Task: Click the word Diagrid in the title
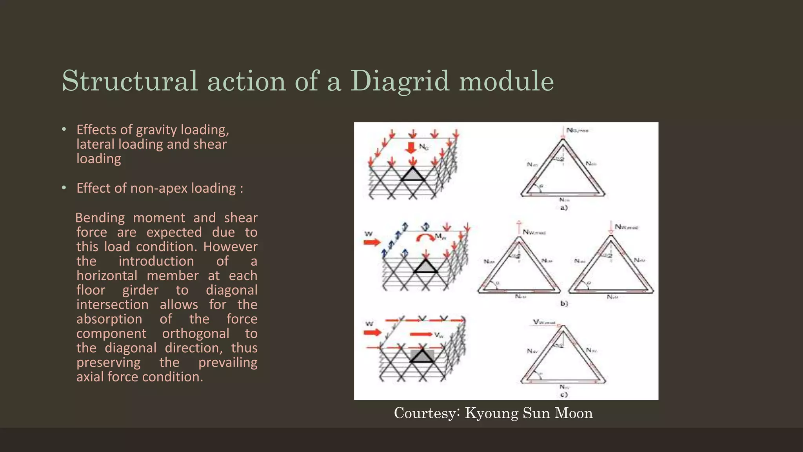click(x=399, y=82)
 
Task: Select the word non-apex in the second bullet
click(x=159, y=188)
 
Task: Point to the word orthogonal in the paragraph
click(x=196, y=334)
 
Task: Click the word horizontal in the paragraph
click(x=107, y=275)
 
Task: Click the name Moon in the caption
click(x=573, y=414)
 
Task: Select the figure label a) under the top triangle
click(x=563, y=208)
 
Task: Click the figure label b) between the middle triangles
click(x=564, y=303)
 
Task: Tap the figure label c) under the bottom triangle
click(x=563, y=395)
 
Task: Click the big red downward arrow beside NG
click(x=411, y=148)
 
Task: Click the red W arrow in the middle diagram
click(x=372, y=242)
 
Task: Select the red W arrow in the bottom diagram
click(x=372, y=333)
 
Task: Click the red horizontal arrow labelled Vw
click(x=421, y=334)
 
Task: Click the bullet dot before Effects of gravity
click(x=64, y=129)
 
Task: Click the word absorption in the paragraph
click(x=109, y=319)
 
